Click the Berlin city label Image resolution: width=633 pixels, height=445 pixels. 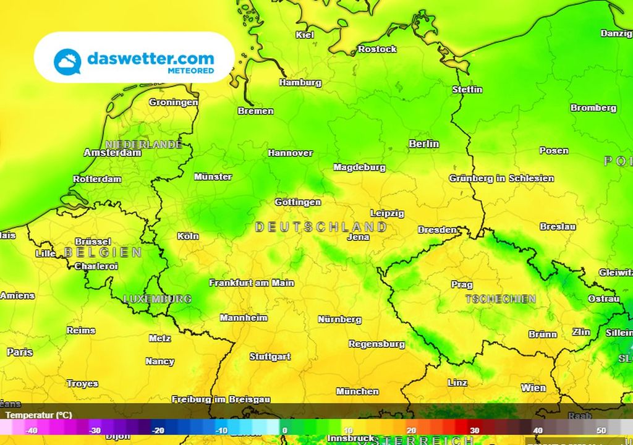(x=424, y=144)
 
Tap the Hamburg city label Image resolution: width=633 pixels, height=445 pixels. (x=300, y=83)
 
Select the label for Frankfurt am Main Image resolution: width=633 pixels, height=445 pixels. (x=252, y=283)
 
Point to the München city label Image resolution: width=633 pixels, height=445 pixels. (x=357, y=391)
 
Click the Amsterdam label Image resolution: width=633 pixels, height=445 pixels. (x=113, y=153)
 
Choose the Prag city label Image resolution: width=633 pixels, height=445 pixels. (x=462, y=285)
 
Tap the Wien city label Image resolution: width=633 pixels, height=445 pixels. (x=533, y=388)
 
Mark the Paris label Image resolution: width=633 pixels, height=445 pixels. (x=20, y=352)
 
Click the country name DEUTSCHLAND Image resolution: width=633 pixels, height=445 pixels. (x=321, y=227)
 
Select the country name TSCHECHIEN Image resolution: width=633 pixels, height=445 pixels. (x=501, y=299)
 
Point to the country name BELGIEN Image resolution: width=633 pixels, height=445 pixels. (x=103, y=253)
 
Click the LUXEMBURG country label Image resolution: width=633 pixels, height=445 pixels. (x=157, y=299)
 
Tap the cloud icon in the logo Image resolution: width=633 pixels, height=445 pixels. (x=67, y=62)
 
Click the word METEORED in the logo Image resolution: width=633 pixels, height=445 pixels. (x=191, y=71)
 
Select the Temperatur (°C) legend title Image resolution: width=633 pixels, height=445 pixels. (x=39, y=415)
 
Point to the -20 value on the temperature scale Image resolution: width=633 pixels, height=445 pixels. (x=158, y=431)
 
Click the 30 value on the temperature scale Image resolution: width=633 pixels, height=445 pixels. (x=474, y=431)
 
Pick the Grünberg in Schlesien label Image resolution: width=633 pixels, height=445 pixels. (x=501, y=179)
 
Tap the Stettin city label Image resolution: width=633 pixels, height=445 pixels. (x=467, y=90)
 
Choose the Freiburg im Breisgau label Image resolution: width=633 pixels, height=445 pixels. (x=221, y=399)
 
